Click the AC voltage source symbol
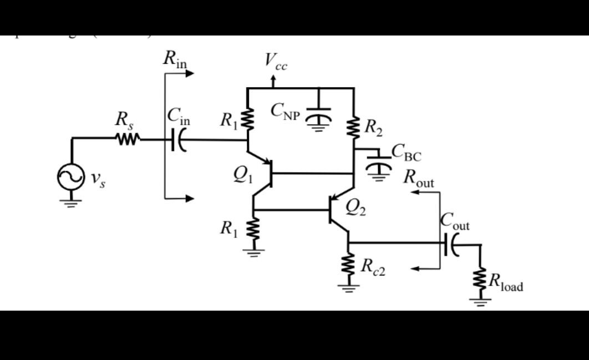71,176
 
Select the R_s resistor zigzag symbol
128,139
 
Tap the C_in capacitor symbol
177,140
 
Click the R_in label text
175,59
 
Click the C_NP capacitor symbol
318,114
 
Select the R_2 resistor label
373,128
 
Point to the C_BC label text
406,151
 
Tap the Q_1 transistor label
243,175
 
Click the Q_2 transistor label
357,207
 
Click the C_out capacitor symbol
450,243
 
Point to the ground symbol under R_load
480,302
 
